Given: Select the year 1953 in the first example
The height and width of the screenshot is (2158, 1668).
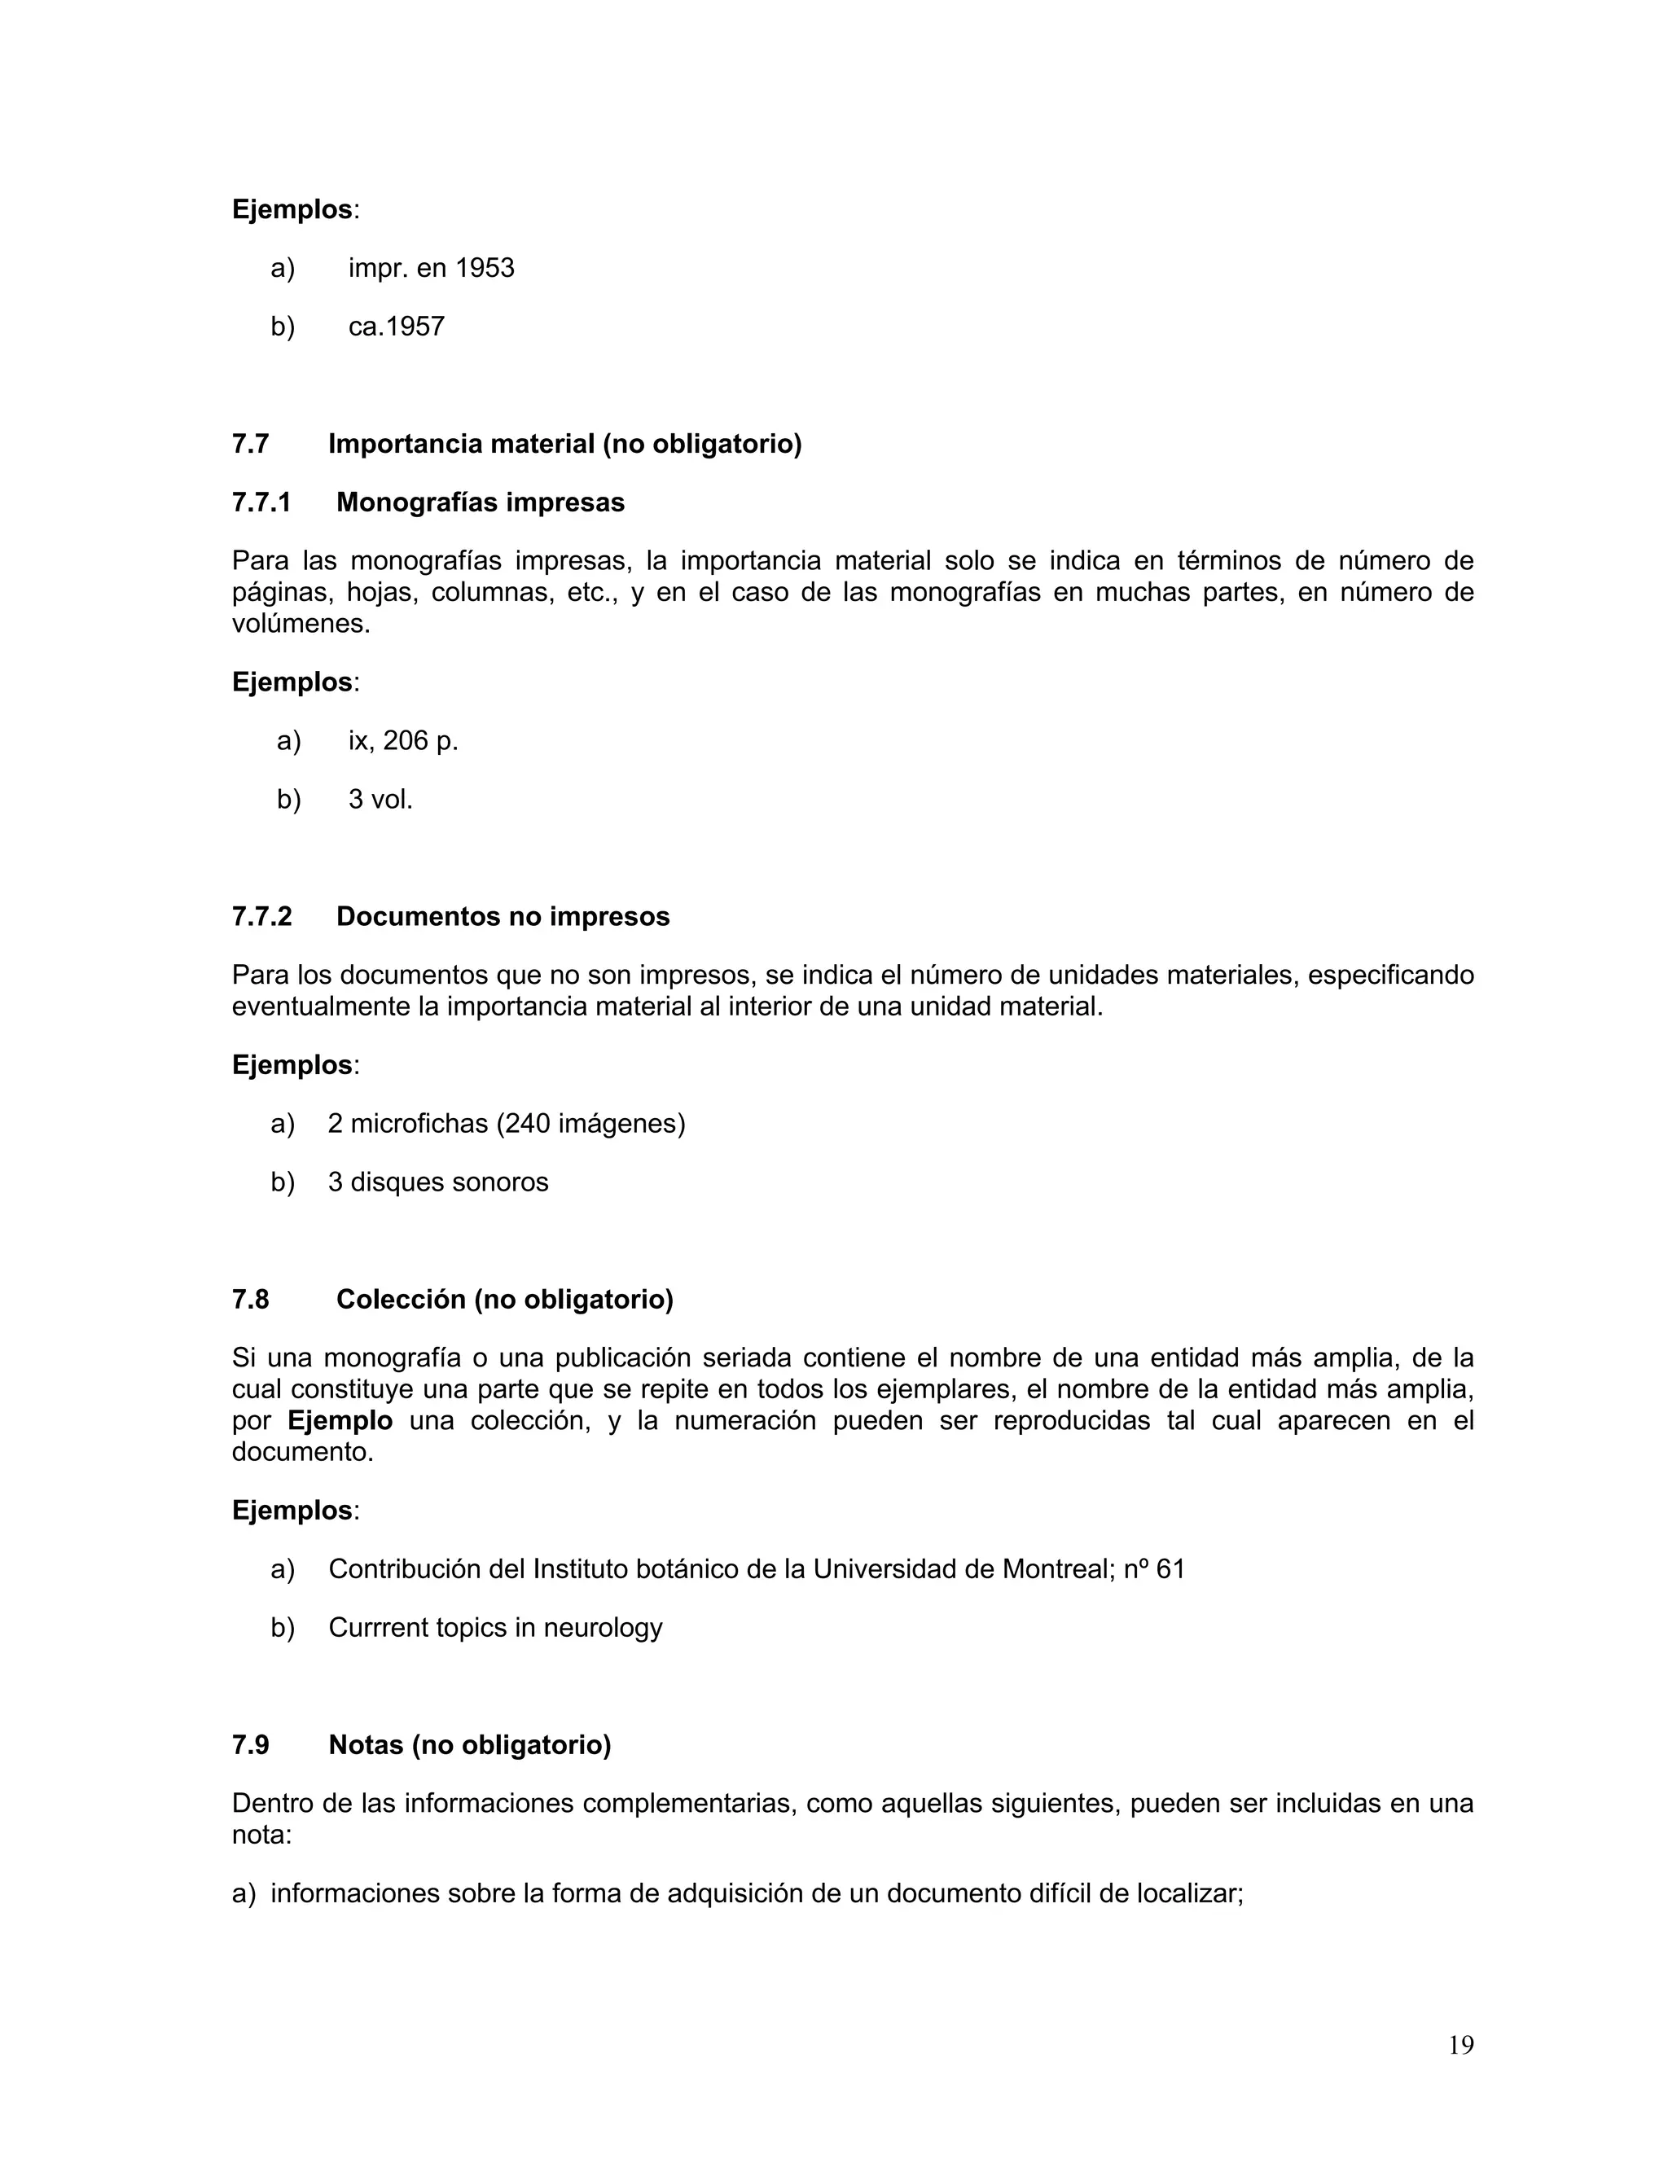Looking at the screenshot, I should coord(485,268).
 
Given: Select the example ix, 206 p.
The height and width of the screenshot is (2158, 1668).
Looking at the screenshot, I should coord(402,740).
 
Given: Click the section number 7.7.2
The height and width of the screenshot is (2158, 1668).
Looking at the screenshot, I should coord(262,916).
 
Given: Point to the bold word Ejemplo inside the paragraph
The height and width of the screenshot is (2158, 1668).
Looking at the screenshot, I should coord(340,1421).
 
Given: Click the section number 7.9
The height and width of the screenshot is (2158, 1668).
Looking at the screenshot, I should coord(251,1744).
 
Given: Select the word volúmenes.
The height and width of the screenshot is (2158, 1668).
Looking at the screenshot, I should coord(301,625).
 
